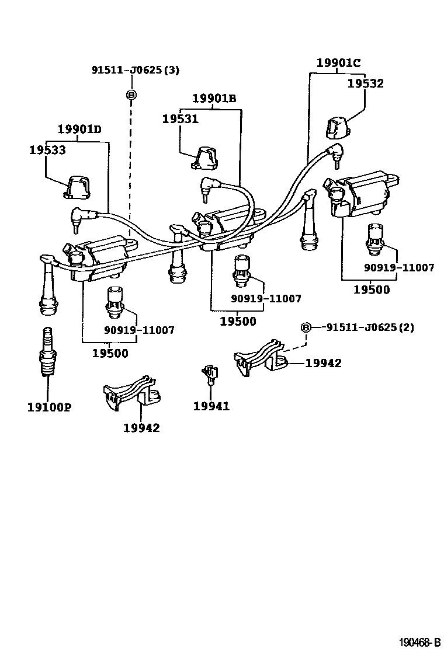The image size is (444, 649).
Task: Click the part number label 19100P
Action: tap(49, 407)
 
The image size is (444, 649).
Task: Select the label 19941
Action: tap(211, 406)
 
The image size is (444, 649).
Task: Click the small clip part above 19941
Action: tap(209, 372)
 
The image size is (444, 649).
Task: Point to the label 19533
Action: tap(47, 150)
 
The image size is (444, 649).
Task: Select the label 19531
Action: tap(181, 118)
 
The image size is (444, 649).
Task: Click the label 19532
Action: tap(366, 83)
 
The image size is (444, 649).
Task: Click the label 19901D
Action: tap(79, 129)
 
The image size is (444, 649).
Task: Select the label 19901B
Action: tap(215, 98)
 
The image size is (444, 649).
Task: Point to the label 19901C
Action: tap(339, 63)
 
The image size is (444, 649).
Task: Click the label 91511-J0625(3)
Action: tap(136, 70)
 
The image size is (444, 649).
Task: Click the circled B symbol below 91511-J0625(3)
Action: tap(131, 95)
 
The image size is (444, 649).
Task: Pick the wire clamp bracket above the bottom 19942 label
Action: tap(132, 394)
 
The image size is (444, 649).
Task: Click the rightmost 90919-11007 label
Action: tap(399, 268)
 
